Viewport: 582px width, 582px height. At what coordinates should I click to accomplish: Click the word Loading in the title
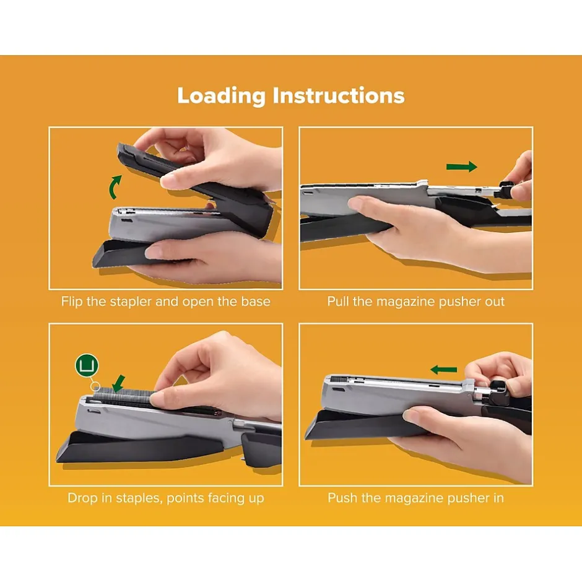221,96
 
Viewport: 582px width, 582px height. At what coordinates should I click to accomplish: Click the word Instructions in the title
339,95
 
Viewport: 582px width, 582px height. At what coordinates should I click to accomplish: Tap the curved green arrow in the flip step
115,187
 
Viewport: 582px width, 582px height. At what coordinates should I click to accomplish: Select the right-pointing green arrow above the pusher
461,167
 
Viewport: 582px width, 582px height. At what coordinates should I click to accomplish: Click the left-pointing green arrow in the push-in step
443,370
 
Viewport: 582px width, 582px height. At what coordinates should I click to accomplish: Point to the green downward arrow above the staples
118,383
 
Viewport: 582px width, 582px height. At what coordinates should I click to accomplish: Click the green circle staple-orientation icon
87,365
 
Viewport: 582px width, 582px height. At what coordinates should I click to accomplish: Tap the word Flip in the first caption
72,302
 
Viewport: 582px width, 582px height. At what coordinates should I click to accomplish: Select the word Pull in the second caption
338,302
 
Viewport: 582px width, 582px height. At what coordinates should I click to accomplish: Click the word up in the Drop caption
256,499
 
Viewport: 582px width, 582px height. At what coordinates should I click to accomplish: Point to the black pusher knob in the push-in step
497,393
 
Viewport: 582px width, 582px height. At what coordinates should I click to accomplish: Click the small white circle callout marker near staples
95,386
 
